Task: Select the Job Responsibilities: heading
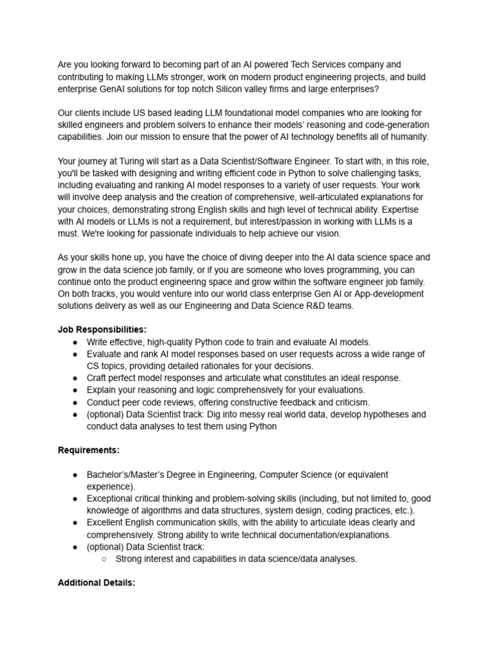click(102, 329)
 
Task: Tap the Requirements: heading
click(88, 450)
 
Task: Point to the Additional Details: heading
click(96, 583)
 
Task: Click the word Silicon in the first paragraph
click(256, 89)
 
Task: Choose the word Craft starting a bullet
click(98, 378)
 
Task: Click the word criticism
click(348, 402)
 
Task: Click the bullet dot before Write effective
click(76, 342)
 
